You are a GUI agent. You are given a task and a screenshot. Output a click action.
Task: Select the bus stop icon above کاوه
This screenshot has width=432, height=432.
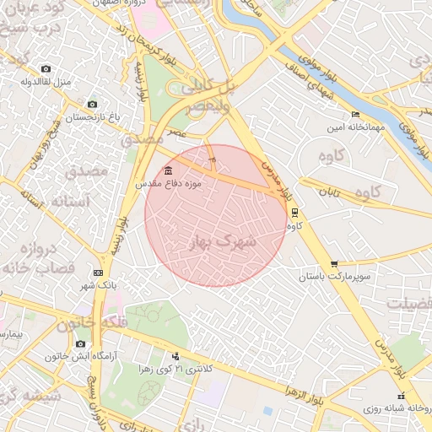coord(294,213)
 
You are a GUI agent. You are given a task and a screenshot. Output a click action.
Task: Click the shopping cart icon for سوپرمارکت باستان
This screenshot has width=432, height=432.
coord(335,264)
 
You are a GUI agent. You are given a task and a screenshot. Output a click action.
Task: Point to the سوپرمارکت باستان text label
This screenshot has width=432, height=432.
coord(334,277)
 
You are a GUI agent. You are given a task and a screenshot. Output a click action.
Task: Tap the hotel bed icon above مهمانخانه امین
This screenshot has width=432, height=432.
coord(355,115)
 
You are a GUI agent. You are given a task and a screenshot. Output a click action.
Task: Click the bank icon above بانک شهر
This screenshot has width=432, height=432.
coord(99,273)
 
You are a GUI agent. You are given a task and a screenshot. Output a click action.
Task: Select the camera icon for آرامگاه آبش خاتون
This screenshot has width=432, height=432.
coord(80,343)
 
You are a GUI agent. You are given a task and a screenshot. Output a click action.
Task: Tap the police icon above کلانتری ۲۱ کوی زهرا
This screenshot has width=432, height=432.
coord(175,356)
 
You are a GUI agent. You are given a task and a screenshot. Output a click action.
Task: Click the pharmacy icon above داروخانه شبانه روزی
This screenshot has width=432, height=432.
coord(399,396)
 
